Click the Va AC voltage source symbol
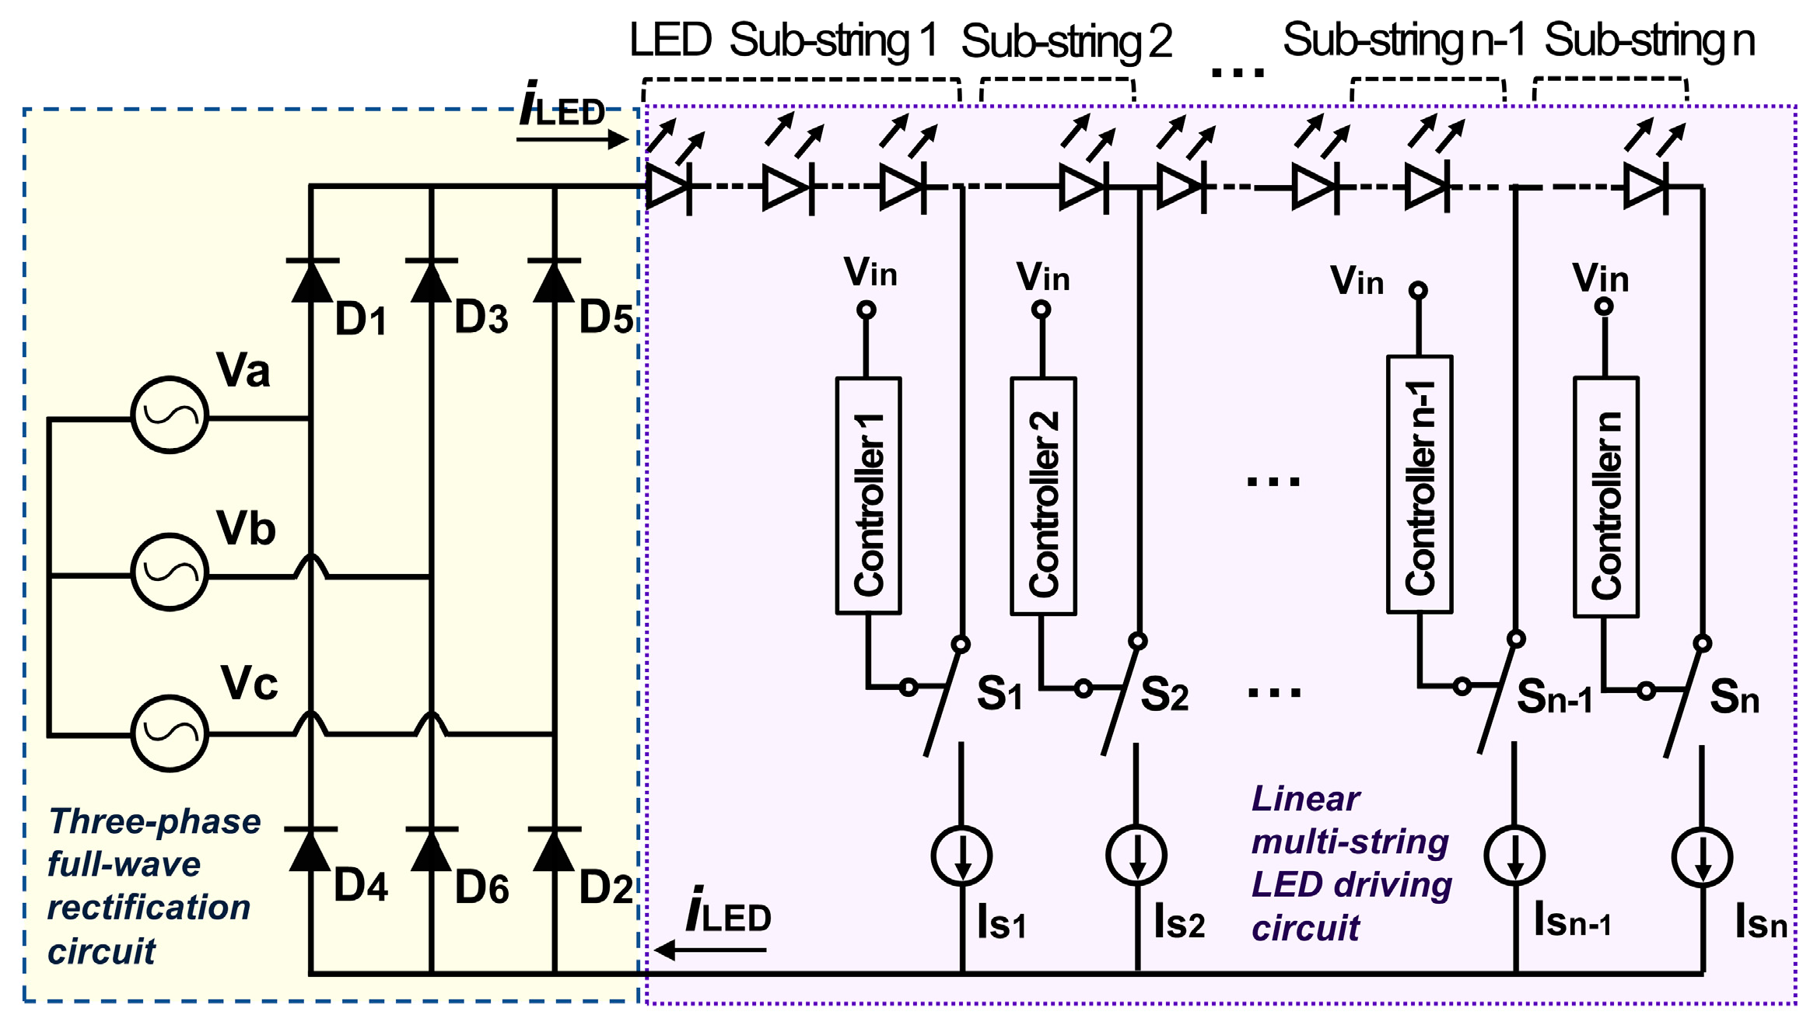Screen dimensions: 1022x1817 tap(170, 415)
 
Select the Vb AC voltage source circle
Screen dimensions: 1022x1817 tap(170, 572)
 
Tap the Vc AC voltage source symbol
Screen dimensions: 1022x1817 tap(170, 733)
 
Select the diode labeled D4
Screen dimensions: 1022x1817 tap(311, 850)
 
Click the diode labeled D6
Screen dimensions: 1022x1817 tap(431, 850)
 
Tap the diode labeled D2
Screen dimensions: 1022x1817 tap(554, 850)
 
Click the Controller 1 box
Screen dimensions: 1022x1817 tap(868, 496)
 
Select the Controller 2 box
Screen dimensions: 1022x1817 tap(1043, 496)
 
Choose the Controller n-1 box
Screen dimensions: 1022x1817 tap(1420, 485)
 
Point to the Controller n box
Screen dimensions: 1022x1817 tap(1605, 498)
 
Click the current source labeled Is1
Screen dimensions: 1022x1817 tap(961, 856)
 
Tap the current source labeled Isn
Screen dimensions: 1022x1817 tap(1702, 858)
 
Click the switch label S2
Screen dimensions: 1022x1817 tap(1164, 695)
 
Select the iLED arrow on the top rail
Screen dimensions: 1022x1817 tap(572, 140)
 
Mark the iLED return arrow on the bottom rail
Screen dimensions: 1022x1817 tap(709, 950)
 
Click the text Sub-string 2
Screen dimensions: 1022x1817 tap(1066, 42)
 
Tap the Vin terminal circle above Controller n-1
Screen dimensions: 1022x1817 tap(1418, 291)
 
